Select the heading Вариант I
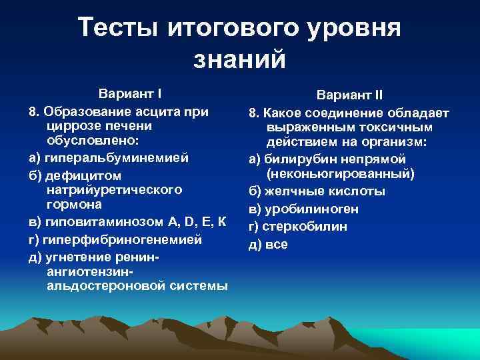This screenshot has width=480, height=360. [x=130, y=93]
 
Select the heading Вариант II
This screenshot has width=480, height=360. [x=349, y=95]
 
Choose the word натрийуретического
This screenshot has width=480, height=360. [x=115, y=190]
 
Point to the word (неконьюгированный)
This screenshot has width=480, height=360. [x=340, y=174]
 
